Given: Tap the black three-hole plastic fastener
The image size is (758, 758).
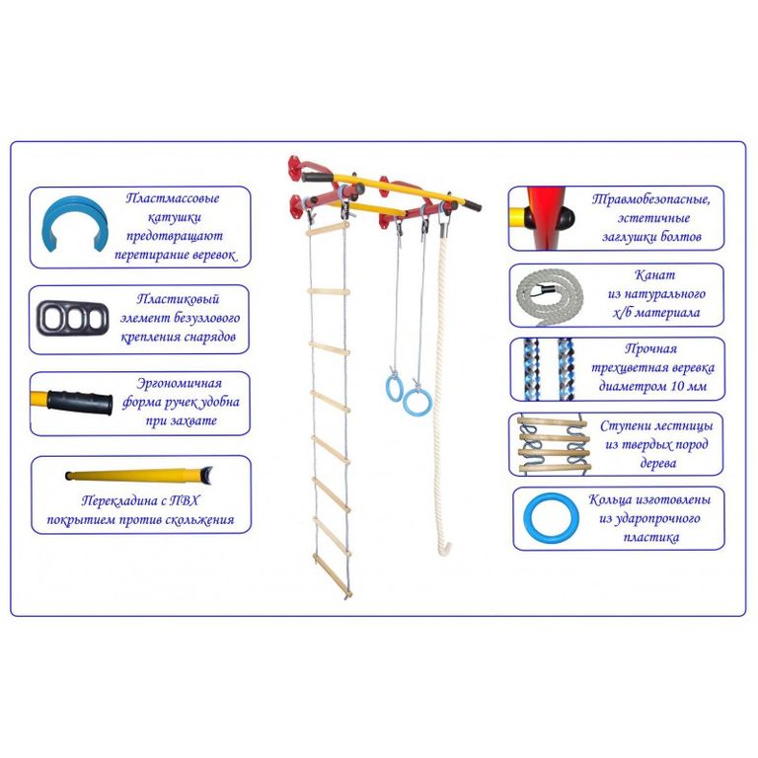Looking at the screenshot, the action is (72, 318).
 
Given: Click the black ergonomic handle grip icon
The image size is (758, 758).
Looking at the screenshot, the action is (79, 401).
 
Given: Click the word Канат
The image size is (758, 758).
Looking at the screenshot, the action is (654, 275).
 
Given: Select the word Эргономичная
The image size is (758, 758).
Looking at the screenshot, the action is (179, 383).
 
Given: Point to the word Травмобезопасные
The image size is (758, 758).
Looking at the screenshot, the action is (650, 199).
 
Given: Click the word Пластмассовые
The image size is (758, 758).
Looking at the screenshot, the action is (172, 198).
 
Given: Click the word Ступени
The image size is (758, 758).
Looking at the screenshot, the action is (622, 426).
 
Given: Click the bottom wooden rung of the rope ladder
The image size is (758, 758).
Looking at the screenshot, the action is (332, 576).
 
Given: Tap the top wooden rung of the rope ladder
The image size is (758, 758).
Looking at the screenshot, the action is (328, 229).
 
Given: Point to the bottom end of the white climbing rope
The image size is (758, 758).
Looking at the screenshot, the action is (444, 551).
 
